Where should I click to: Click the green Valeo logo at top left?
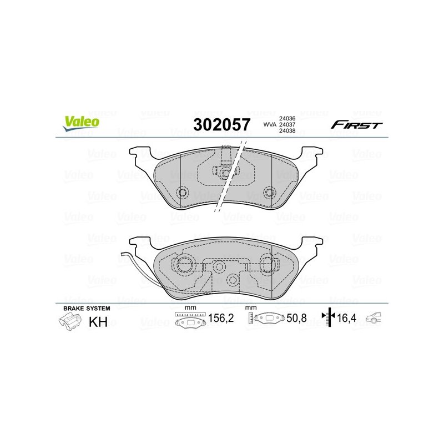pyautogui.click(x=81, y=123)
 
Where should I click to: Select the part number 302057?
pyautogui.click(x=222, y=124)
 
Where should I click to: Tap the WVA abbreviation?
pyautogui.click(x=270, y=124)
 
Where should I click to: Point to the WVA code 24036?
pyautogui.click(x=287, y=119)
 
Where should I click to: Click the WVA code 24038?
pyautogui.click(x=287, y=130)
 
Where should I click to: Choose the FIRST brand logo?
pyautogui.click(x=356, y=124)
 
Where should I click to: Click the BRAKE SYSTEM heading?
pyautogui.click(x=87, y=309)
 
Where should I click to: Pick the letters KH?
pyautogui.click(x=98, y=322)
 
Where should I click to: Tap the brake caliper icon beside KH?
pyautogui.click(x=70, y=322)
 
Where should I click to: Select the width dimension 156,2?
pyautogui.click(x=221, y=318)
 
